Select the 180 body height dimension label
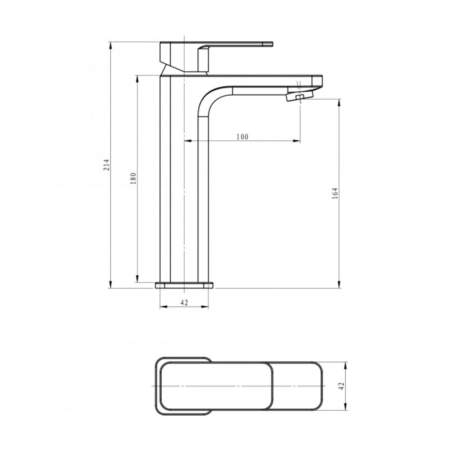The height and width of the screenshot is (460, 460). click(x=133, y=178)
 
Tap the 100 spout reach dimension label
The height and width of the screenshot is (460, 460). click(x=242, y=137)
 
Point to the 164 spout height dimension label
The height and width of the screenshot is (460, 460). click(x=335, y=193)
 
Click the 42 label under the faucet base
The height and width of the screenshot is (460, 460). click(x=184, y=302)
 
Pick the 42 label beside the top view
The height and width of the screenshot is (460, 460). click(x=341, y=386)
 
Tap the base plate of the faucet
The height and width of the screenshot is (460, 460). click(x=184, y=285)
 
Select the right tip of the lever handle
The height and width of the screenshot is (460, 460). click(x=273, y=44)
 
